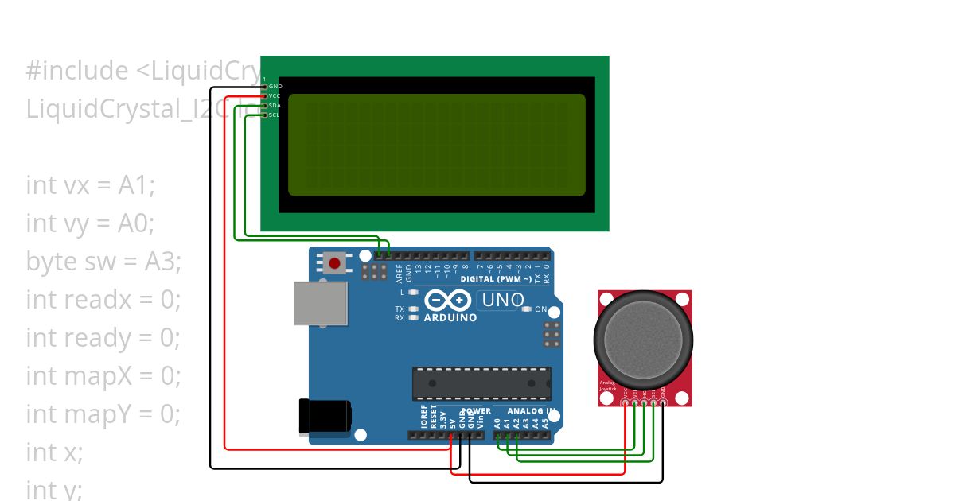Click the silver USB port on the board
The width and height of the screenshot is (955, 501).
pos(320,302)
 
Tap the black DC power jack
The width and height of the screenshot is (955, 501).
pos(324,417)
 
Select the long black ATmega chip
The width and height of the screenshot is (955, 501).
pos(481,383)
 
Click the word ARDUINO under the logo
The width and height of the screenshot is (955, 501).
pos(450,317)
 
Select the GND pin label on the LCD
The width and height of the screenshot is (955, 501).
pos(275,86)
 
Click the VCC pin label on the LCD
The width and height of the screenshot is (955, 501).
pos(275,95)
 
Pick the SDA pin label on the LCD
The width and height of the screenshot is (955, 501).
pos(275,105)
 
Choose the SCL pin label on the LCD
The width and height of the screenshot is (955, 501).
pos(275,115)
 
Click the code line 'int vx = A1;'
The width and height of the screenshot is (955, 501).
pos(91,185)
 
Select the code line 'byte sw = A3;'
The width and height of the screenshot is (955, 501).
pos(103,262)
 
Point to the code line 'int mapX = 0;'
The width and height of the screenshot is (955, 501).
pos(103,375)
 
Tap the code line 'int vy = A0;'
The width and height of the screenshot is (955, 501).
pos(90,223)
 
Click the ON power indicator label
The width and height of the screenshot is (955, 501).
pos(541,309)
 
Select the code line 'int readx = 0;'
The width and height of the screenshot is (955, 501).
pos(103,300)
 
